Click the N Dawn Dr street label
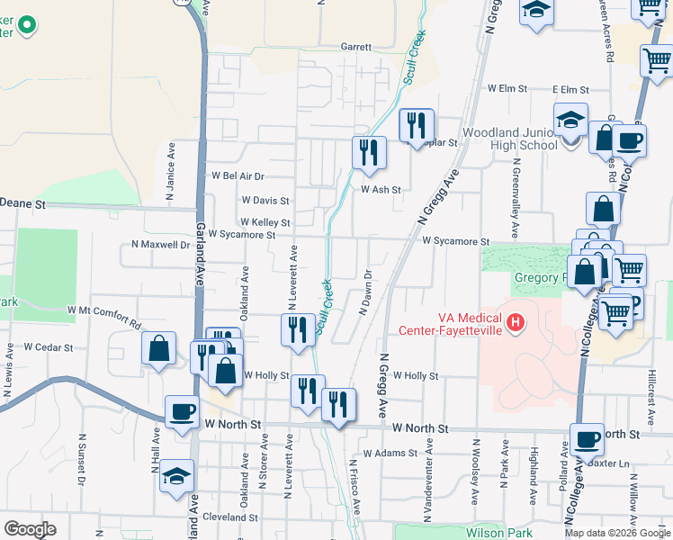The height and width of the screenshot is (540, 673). (x=366, y=293)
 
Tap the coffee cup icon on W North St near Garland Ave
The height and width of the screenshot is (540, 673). (x=182, y=412)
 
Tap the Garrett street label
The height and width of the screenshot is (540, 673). (x=355, y=47)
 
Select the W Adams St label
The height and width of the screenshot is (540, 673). (x=385, y=454)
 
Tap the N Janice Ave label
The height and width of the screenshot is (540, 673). (x=169, y=178)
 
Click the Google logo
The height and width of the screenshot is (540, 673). (x=29, y=529)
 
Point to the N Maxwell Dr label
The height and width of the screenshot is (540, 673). (x=160, y=244)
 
